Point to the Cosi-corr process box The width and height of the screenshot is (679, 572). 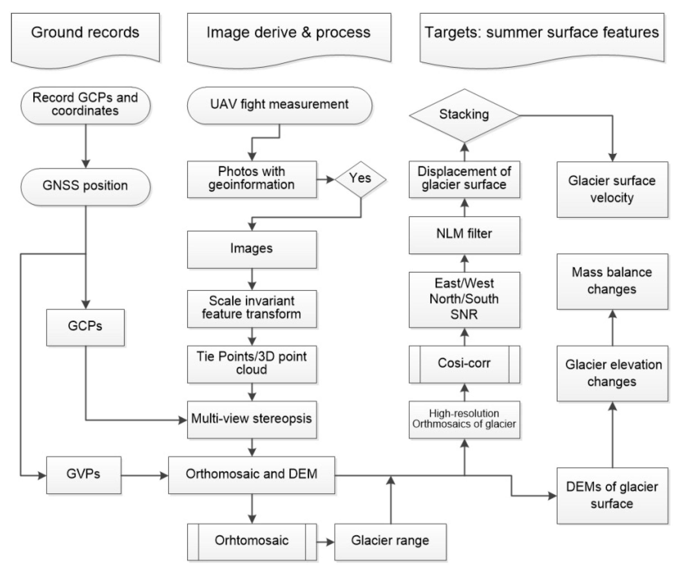pyautogui.click(x=464, y=364)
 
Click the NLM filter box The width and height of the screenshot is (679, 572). pyautogui.click(x=464, y=234)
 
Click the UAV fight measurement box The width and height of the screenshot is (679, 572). pyautogui.click(x=279, y=105)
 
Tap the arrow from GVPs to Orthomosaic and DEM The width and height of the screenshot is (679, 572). pyautogui.click(x=144, y=475)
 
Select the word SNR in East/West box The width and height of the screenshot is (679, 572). pyautogui.click(x=464, y=314)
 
